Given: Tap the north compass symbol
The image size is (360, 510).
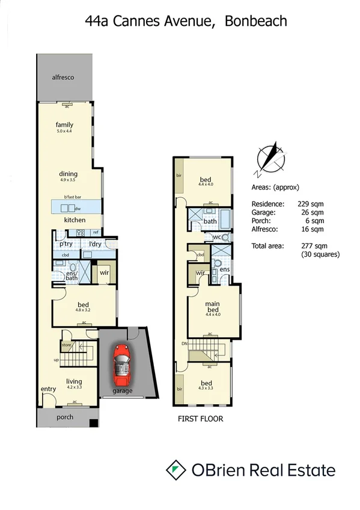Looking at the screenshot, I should point(269,158).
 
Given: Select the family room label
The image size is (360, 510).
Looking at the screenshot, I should point(64,124).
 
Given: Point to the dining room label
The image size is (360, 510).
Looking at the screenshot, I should point(69,174).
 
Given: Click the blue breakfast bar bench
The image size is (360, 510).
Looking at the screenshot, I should point(75,207).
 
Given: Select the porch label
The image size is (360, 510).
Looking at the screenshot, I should point(64,417).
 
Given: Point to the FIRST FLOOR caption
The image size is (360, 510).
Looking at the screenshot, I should point(200,419).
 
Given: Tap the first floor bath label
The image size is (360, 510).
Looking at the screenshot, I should point(210,221).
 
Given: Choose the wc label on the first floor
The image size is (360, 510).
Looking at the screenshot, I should point(217,238).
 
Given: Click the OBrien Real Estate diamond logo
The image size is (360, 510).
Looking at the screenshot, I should point(175,470).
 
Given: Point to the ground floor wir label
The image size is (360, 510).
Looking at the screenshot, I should point(103,271).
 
